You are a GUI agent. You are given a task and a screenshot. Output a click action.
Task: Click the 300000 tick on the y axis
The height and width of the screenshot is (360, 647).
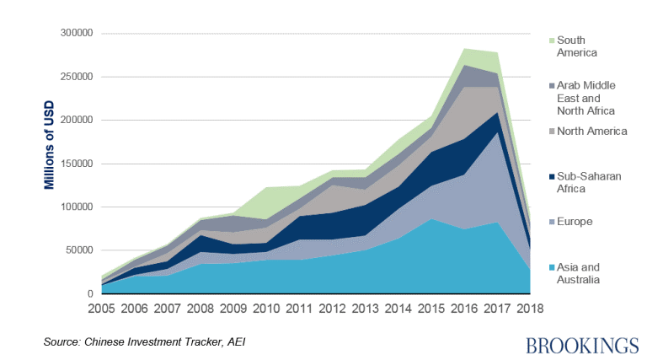74,34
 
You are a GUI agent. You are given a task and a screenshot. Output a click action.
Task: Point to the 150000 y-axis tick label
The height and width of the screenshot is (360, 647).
74,164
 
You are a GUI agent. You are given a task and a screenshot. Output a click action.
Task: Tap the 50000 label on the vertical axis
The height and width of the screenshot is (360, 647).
77,250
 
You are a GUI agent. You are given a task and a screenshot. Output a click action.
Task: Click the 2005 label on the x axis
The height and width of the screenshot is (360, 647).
102,310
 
